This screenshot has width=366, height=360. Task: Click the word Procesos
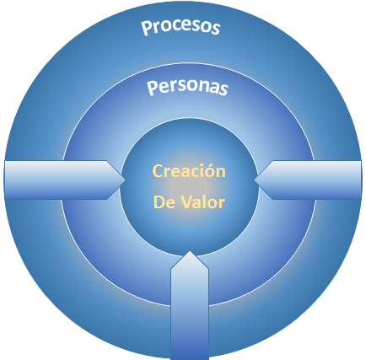click(180, 27)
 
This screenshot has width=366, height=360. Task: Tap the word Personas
click(187, 87)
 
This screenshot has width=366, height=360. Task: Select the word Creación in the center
click(189, 170)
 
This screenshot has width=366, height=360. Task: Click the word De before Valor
click(164, 201)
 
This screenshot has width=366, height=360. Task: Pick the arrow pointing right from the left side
click(65, 180)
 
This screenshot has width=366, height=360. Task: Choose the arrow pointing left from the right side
click(308, 180)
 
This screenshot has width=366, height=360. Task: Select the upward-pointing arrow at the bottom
click(190, 305)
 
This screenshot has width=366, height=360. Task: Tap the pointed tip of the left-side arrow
click(126, 180)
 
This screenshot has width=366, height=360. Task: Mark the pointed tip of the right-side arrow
click(254, 180)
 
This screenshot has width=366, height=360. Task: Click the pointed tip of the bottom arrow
click(190, 251)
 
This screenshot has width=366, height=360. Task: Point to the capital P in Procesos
click(146, 28)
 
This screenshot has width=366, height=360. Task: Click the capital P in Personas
click(152, 88)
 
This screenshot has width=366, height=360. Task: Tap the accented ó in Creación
click(207, 171)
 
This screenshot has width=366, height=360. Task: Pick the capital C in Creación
click(158, 171)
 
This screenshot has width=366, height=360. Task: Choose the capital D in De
click(159, 201)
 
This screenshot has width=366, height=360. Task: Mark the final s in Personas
click(223, 89)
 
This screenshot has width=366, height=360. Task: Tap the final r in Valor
click(222, 203)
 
